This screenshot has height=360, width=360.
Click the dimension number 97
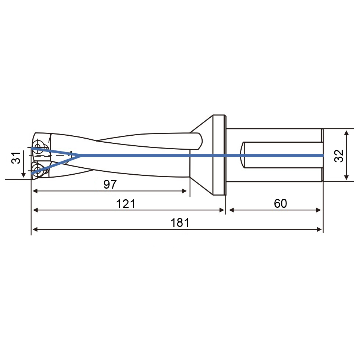110,184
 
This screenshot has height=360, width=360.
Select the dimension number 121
126,204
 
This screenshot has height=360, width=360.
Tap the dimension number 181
180,223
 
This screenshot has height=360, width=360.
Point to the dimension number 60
280,203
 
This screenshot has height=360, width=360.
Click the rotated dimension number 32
339,156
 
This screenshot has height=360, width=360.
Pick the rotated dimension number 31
16,157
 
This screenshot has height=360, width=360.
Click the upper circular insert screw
38,145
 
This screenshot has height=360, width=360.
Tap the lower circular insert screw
37,170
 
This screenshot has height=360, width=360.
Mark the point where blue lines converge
80,156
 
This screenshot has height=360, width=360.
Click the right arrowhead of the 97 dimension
184,191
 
